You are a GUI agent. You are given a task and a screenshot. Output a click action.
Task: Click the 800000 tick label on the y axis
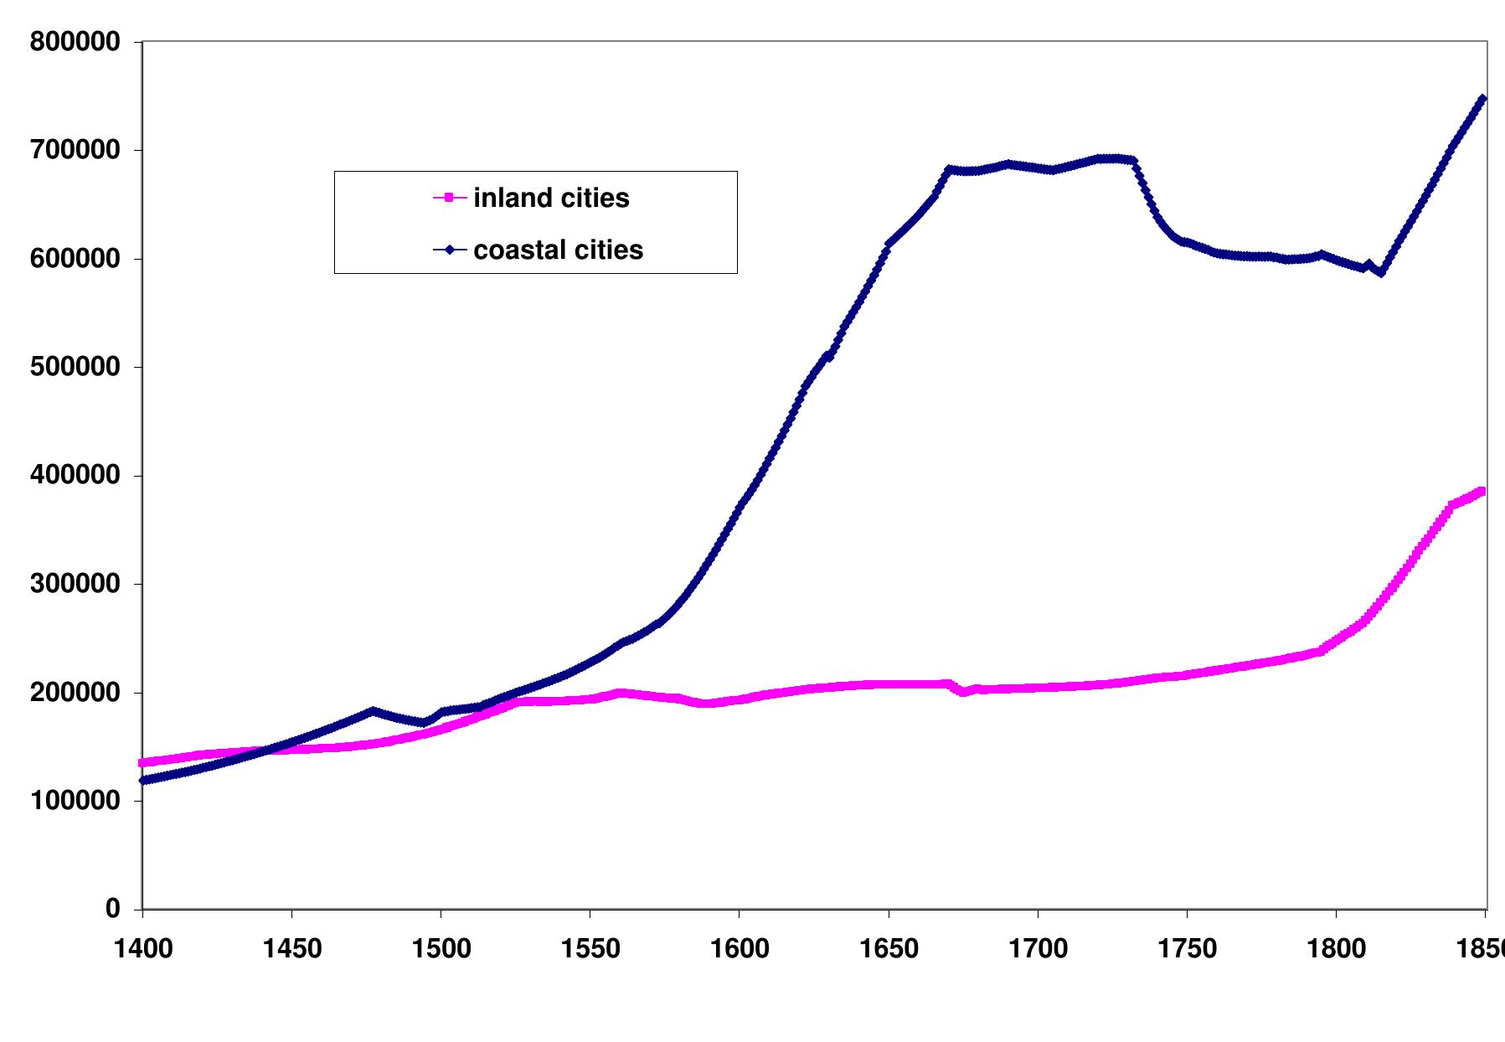(x=75, y=42)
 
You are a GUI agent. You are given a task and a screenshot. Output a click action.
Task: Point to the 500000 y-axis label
(x=75, y=367)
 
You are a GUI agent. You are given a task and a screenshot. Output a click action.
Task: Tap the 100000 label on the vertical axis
(x=75, y=801)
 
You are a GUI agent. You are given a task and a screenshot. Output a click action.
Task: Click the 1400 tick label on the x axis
(x=142, y=949)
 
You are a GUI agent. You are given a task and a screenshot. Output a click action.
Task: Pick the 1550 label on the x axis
(x=590, y=949)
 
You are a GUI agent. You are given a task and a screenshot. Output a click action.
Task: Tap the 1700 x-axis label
(x=1038, y=949)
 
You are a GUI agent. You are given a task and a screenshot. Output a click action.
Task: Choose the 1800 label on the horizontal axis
(x=1336, y=949)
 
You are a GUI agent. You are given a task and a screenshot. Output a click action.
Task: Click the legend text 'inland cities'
(x=551, y=198)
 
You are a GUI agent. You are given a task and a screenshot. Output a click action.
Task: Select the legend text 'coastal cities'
(x=558, y=250)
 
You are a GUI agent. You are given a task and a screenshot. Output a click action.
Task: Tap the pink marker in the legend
(x=449, y=198)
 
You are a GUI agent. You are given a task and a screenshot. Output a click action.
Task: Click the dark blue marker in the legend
(x=449, y=250)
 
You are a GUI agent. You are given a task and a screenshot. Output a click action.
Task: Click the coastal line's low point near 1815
(x=1381, y=272)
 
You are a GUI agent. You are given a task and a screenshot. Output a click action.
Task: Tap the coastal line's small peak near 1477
(x=373, y=710)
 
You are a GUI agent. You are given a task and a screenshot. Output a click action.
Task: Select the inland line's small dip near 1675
(x=963, y=692)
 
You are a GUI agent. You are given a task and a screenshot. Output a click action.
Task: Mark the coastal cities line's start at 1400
(x=143, y=780)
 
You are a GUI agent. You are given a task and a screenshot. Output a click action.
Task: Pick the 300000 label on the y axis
(x=75, y=584)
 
